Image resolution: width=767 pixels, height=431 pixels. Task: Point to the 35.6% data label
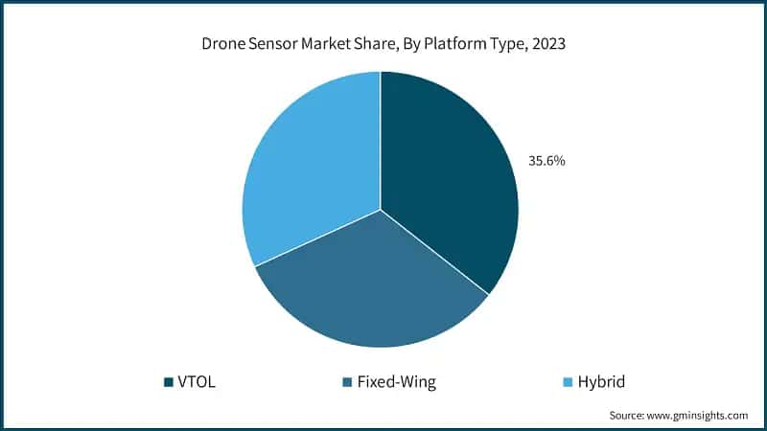546,161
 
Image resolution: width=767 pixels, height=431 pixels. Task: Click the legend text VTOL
198,382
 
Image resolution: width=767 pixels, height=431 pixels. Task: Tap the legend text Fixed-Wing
396,382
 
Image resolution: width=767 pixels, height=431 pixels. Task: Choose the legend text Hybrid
600,382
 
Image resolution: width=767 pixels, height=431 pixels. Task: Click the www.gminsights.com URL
698,416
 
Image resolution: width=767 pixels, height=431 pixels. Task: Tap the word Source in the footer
628,416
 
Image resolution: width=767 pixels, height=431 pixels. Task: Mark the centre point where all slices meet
381,209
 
